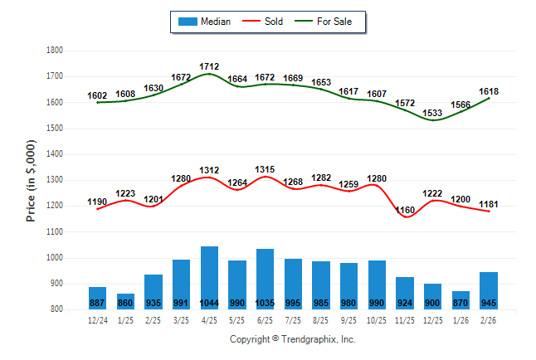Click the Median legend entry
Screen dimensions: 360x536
206,22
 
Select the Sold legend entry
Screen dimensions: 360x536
264,22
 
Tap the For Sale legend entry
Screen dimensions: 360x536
329,22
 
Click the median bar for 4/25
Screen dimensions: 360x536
209,277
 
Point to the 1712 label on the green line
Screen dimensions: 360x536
209,66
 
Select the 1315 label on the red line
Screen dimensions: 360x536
266,168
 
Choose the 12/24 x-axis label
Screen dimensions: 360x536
97,319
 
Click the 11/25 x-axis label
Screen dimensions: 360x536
406,319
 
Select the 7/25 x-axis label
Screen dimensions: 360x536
294,319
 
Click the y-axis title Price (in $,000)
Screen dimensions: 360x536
31,180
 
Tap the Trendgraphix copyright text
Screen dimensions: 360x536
292,339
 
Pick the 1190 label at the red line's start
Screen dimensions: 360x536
97,202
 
